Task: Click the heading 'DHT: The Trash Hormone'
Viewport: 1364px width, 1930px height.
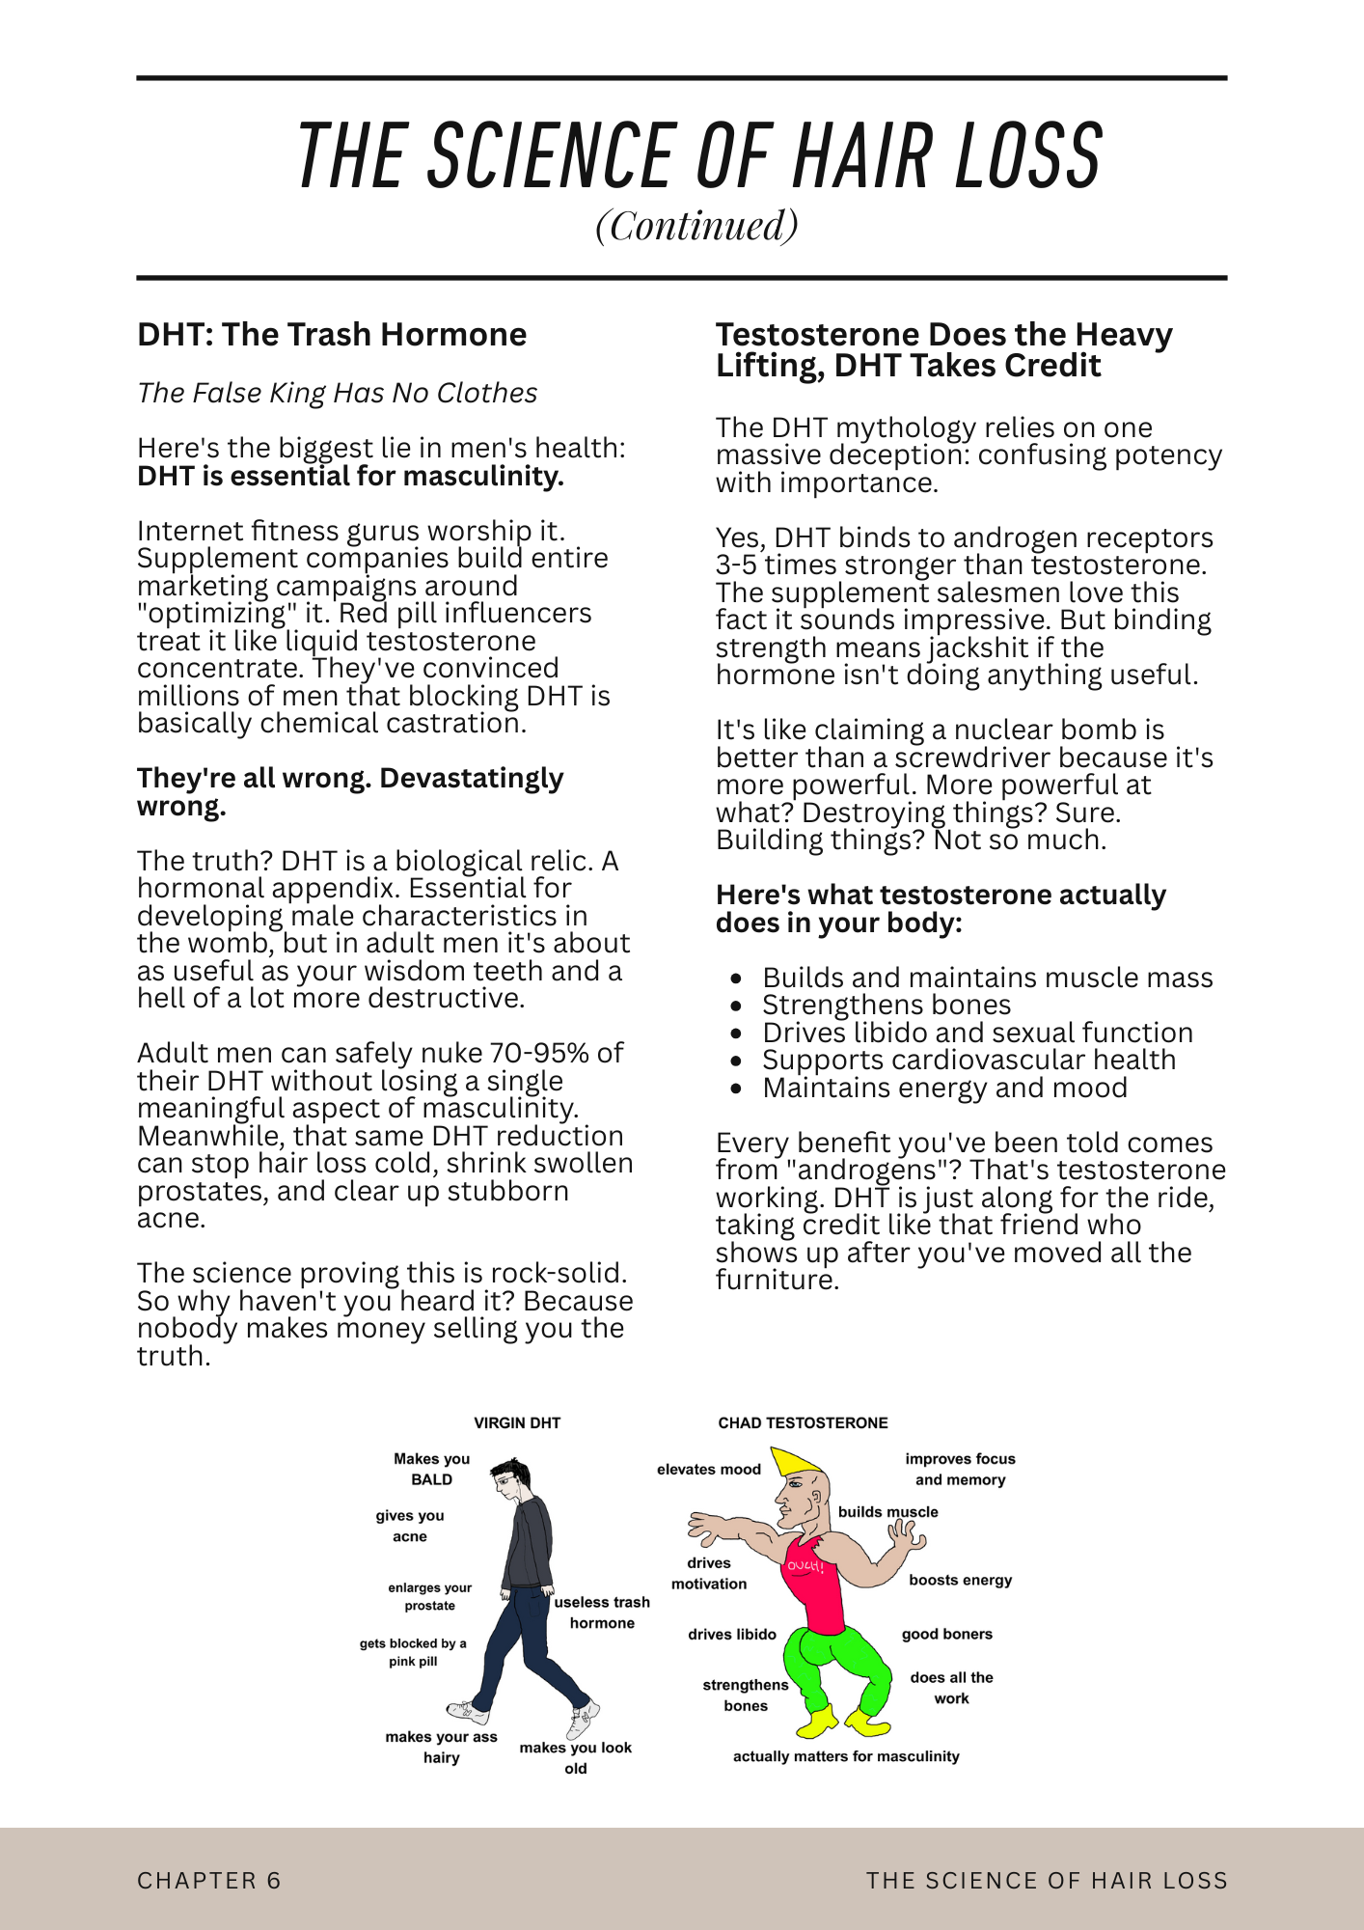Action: click(332, 335)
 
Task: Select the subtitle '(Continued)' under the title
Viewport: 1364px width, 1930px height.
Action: click(696, 226)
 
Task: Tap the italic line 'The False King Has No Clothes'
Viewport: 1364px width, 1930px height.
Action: click(337, 393)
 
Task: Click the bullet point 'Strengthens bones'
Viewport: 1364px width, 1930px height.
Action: click(886, 1006)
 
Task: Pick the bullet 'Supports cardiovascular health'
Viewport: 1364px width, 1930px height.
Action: click(968, 1061)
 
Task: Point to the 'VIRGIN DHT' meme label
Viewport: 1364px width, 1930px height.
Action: click(517, 1422)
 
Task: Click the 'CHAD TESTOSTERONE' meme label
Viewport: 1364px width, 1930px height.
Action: click(803, 1422)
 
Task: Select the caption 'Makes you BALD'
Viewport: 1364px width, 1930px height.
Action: click(431, 1469)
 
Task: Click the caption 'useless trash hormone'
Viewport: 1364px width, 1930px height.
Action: click(602, 1613)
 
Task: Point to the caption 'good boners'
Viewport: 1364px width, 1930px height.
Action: click(946, 1634)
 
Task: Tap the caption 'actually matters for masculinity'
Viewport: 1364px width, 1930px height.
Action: click(846, 1756)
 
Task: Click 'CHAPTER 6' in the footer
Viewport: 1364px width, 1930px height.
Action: click(208, 1880)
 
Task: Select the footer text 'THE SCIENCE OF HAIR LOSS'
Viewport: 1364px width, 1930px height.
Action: click(1047, 1880)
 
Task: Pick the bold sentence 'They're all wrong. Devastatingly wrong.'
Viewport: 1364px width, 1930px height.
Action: click(349, 791)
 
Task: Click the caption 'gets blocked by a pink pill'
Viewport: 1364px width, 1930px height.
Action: click(413, 1652)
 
